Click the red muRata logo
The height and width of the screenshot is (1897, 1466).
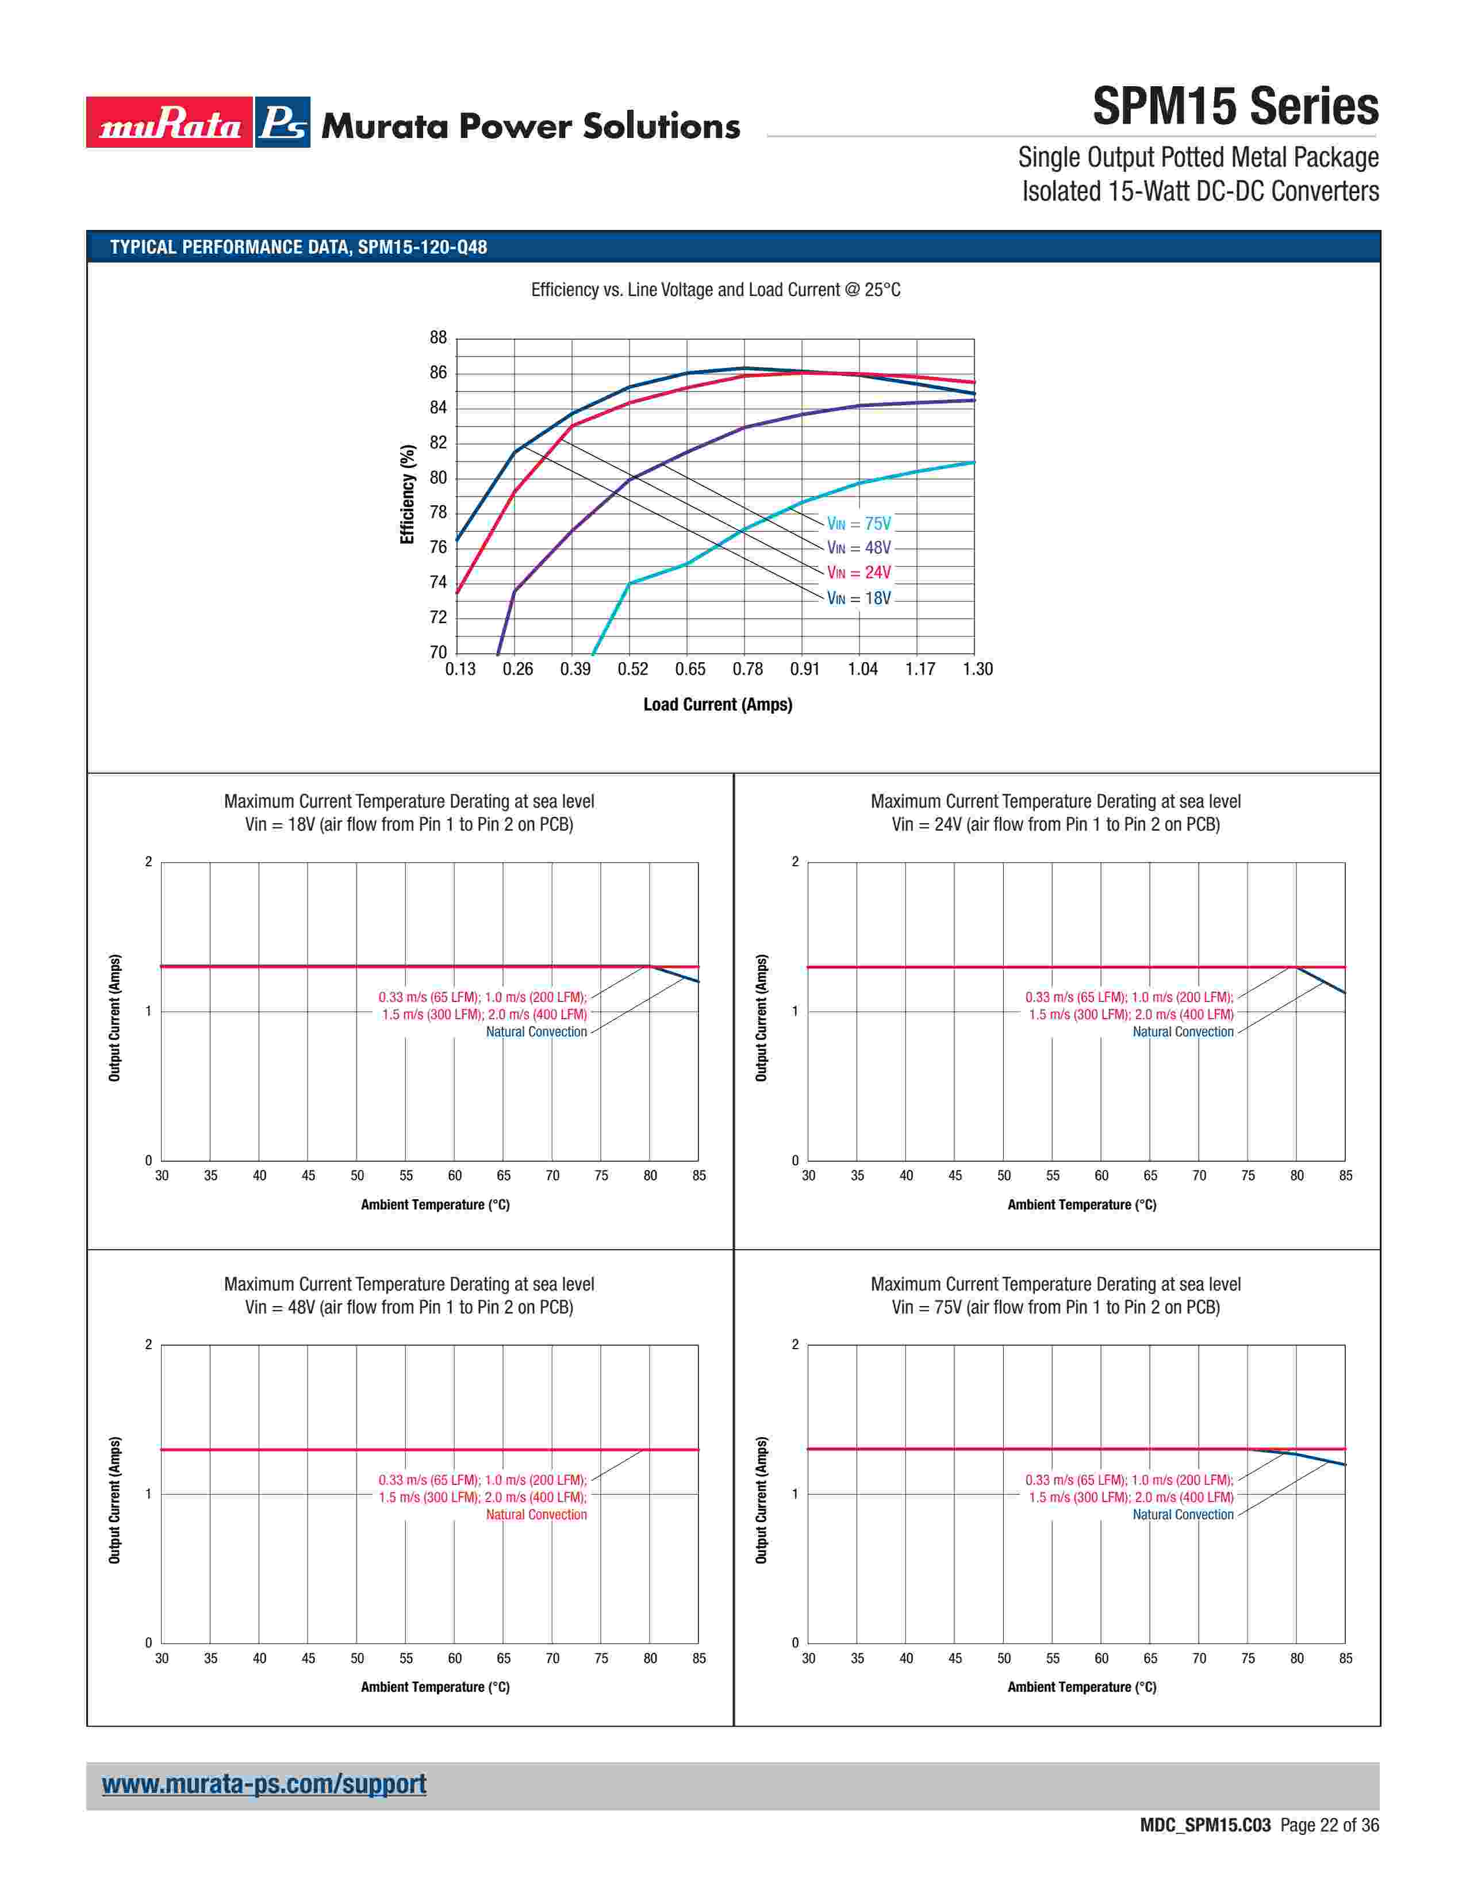pyautogui.click(x=170, y=122)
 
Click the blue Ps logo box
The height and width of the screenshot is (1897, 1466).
pyautogui.click(x=282, y=122)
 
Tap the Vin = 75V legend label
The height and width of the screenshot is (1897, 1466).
pyautogui.click(x=858, y=524)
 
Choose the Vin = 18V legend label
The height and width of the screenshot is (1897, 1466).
pyautogui.click(x=858, y=598)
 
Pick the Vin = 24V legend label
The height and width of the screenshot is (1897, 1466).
pyautogui.click(x=858, y=573)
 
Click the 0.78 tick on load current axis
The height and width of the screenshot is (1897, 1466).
pyautogui.click(x=747, y=669)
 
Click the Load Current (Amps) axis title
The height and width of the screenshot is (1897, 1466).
pyautogui.click(x=717, y=704)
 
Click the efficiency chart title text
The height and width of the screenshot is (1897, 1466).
pyautogui.click(x=716, y=290)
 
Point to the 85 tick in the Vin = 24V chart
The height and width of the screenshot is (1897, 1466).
pyautogui.click(x=1345, y=1176)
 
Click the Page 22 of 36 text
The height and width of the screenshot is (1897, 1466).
pyautogui.click(x=1329, y=1826)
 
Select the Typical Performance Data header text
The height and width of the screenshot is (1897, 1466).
pyautogui.click(x=298, y=248)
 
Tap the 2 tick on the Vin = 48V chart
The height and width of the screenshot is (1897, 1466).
pyautogui.click(x=148, y=1345)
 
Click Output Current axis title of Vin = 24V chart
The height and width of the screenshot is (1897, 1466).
pyautogui.click(x=762, y=1018)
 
